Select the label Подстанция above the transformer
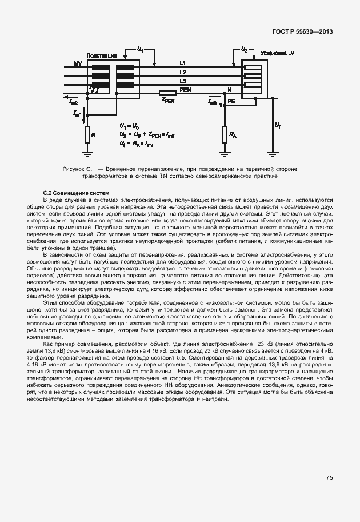[102, 55]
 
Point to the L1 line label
[182, 62]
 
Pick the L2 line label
[182, 72]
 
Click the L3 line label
[182, 82]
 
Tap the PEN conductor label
[185, 90]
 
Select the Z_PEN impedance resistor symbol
[167, 93]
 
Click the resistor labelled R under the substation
[87, 135]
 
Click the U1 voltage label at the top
[141, 50]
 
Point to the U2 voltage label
[244, 50]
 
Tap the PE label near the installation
[231, 101]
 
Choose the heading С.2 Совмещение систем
[76, 193]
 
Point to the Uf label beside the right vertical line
[278, 125]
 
